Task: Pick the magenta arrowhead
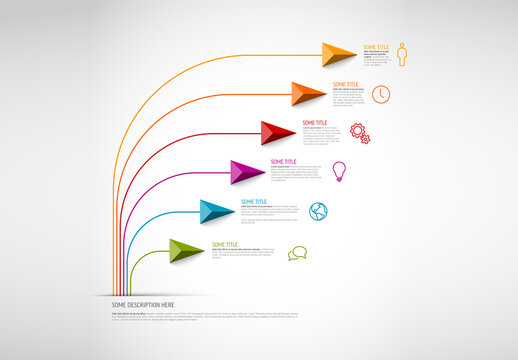tap(247, 171)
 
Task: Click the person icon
tap(404, 52)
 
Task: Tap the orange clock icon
tap(381, 93)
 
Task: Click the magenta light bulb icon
tap(338, 170)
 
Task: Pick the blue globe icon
tap(319, 210)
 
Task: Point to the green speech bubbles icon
tap(297, 253)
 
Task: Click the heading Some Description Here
tap(144, 304)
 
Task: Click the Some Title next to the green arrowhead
tap(225, 245)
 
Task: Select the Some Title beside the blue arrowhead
tap(254, 202)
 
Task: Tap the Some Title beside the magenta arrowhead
tap(284, 162)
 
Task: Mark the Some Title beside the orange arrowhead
tap(346, 85)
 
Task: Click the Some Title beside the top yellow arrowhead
tap(376, 47)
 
